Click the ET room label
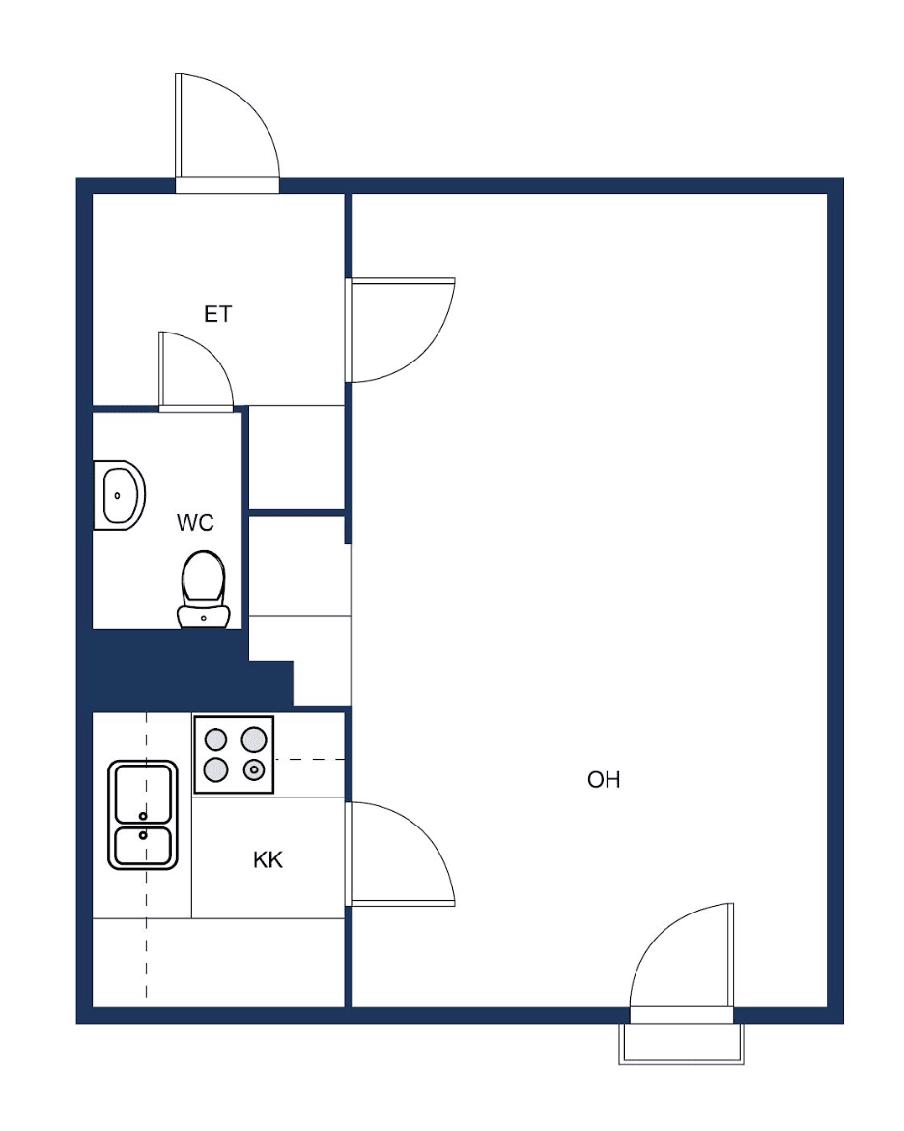217,314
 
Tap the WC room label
195,522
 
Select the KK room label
268,859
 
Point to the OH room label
604,780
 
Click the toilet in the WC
203,590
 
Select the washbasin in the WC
120,496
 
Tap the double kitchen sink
143,814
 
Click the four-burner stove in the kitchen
234,754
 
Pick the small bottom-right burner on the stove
254,769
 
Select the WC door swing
195,371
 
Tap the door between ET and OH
401,330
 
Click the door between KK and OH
401,854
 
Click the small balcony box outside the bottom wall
681,1044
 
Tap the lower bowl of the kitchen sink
143,846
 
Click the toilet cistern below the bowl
203,617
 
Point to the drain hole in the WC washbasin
117,496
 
